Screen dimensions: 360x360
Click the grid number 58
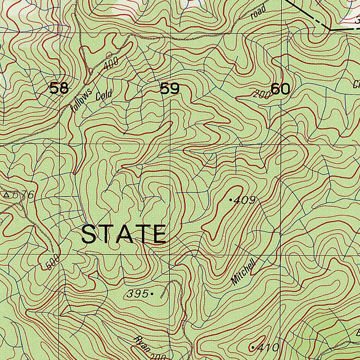pyautogui.click(x=59, y=88)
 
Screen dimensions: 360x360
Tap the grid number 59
pyautogui.click(x=170, y=89)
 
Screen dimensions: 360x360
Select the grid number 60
pyautogui.click(x=281, y=89)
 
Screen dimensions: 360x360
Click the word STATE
pyautogui.click(x=123, y=234)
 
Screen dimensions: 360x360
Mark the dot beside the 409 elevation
pyautogui.click(x=231, y=200)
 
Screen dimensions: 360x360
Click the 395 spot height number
pyautogui.click(x=137, y=294)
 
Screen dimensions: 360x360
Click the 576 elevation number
pyautogui.click(x=24, y=195)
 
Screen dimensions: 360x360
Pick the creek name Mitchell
pyautogui.click(x=243, y=274)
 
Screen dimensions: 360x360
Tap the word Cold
pyautogui.click(x=104, y=95)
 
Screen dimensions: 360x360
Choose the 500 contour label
pyautogui.click(x=53, y=261)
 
